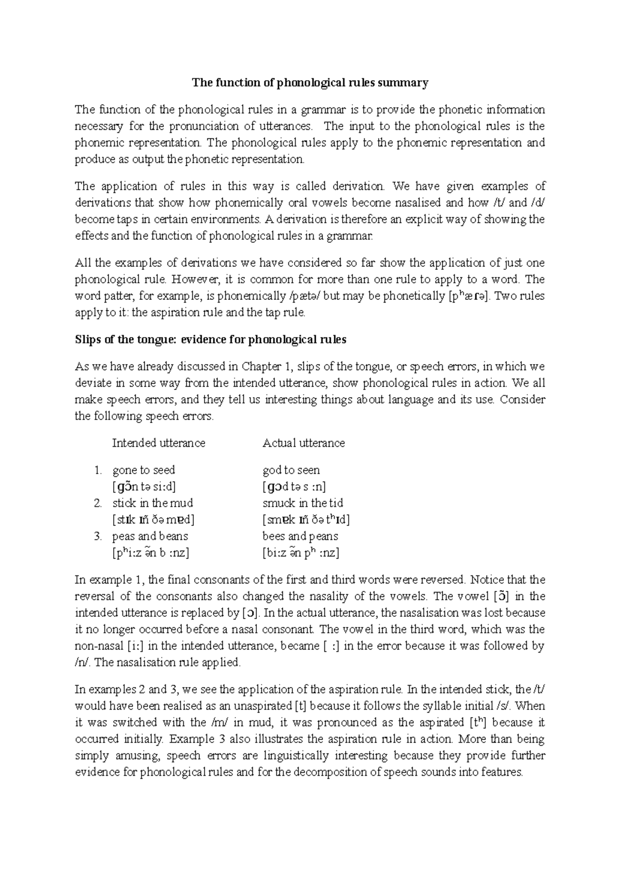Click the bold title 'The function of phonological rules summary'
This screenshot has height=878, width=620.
pyautogui.click(x=310, y=83)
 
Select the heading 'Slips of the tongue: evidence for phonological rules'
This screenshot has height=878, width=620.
pyautogui.click(x=210, y=340)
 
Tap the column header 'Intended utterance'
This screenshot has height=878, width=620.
pyautogui.click(x=159, y=443)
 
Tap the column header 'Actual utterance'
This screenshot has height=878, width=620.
pyautogui.click(x=303, y=443)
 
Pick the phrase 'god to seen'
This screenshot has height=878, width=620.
pyautogui.click(x=291, y=470)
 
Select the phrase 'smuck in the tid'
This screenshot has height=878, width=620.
pyautogui.click(x=303, y=503)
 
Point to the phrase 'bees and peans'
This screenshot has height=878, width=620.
pyautogui.click(x=300, y=536)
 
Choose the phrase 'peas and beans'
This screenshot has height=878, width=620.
pyautogui.click(x=150, y=536)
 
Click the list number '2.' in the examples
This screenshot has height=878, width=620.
pyautogui.click(x=98, y=503)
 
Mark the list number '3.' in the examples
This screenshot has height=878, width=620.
pyautogui.click(x=98, y=536)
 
